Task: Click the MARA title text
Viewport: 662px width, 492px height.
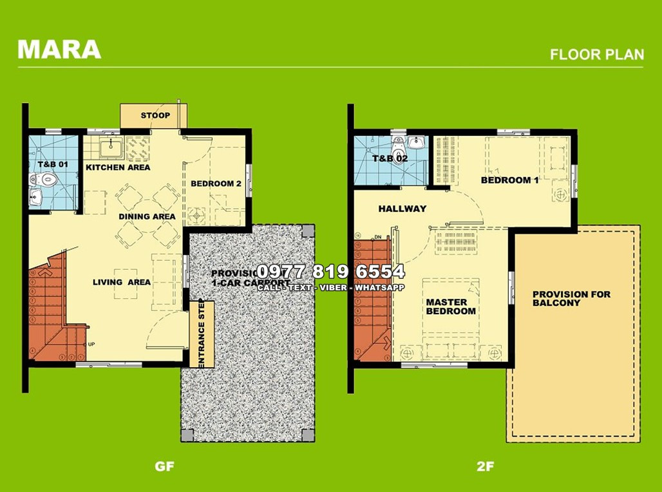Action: click(59, 50)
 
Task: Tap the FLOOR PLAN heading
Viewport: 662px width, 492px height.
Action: click(596, 54)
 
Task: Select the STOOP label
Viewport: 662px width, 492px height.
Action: click(155, 116)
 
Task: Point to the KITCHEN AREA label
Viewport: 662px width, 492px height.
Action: click(118, 167)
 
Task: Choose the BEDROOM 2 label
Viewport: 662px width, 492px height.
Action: click(216, 184)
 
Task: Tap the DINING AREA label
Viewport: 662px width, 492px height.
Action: click(147, 216)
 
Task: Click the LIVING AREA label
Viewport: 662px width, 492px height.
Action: click(122, 282)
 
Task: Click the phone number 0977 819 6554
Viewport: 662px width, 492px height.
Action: click(330, 271)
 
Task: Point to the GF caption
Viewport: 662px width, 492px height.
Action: click(165, 466)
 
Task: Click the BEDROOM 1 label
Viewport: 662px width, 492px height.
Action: click(509, 180)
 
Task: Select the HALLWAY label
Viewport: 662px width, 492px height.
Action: click(402, 209)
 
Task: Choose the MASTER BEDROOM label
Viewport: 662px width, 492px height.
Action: click(451, 307)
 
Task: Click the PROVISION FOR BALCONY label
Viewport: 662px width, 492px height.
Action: click(571, 298)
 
